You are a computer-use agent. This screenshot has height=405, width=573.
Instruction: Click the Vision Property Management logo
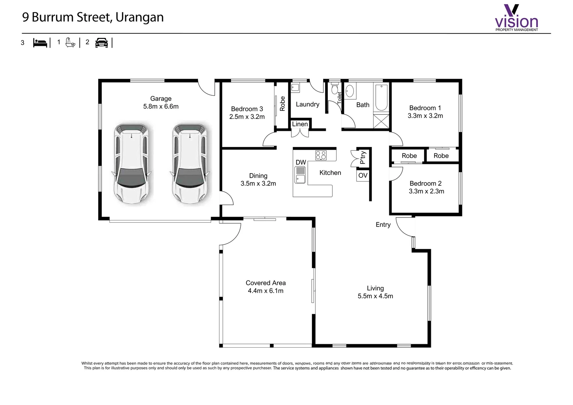[x=516, y=17]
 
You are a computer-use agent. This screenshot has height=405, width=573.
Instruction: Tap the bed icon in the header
[x=40, y=43]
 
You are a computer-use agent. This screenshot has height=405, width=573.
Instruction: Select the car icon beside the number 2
[x=102, y=43]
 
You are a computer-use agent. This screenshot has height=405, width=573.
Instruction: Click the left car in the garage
[x=132, y=163]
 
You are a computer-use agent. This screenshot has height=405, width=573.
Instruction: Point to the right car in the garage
[x=190, y=163]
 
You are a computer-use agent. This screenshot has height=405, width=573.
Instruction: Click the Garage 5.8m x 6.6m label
[x=160, y=102]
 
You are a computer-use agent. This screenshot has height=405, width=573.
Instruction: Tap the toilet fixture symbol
[x=334, y=88]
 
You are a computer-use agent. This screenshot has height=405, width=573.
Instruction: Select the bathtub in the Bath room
[x=381, y=97]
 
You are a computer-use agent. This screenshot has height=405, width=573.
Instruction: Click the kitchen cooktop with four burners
[x=321, y=155]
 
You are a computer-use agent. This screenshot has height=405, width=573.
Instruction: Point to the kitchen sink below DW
[x=300, y=175]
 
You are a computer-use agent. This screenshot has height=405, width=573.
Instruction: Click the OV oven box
[x=363, y=175]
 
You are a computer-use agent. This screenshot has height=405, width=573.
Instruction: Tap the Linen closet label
[x=300, y=124]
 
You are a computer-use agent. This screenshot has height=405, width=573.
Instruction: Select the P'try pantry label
[x=363, y=157]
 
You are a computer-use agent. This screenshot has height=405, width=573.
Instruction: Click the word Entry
[x=383, y=225]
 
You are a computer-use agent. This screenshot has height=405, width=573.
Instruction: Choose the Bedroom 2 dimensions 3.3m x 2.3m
[x=426, y=191]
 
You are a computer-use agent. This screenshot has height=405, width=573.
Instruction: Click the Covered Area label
[x=265, y=283]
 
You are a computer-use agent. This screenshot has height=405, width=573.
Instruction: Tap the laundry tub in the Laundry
[x=295, y=88]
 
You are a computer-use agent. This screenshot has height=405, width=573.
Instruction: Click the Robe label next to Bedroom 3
[x=282, y=103]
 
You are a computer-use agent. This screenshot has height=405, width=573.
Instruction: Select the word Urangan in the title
[x=139, y=17]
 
